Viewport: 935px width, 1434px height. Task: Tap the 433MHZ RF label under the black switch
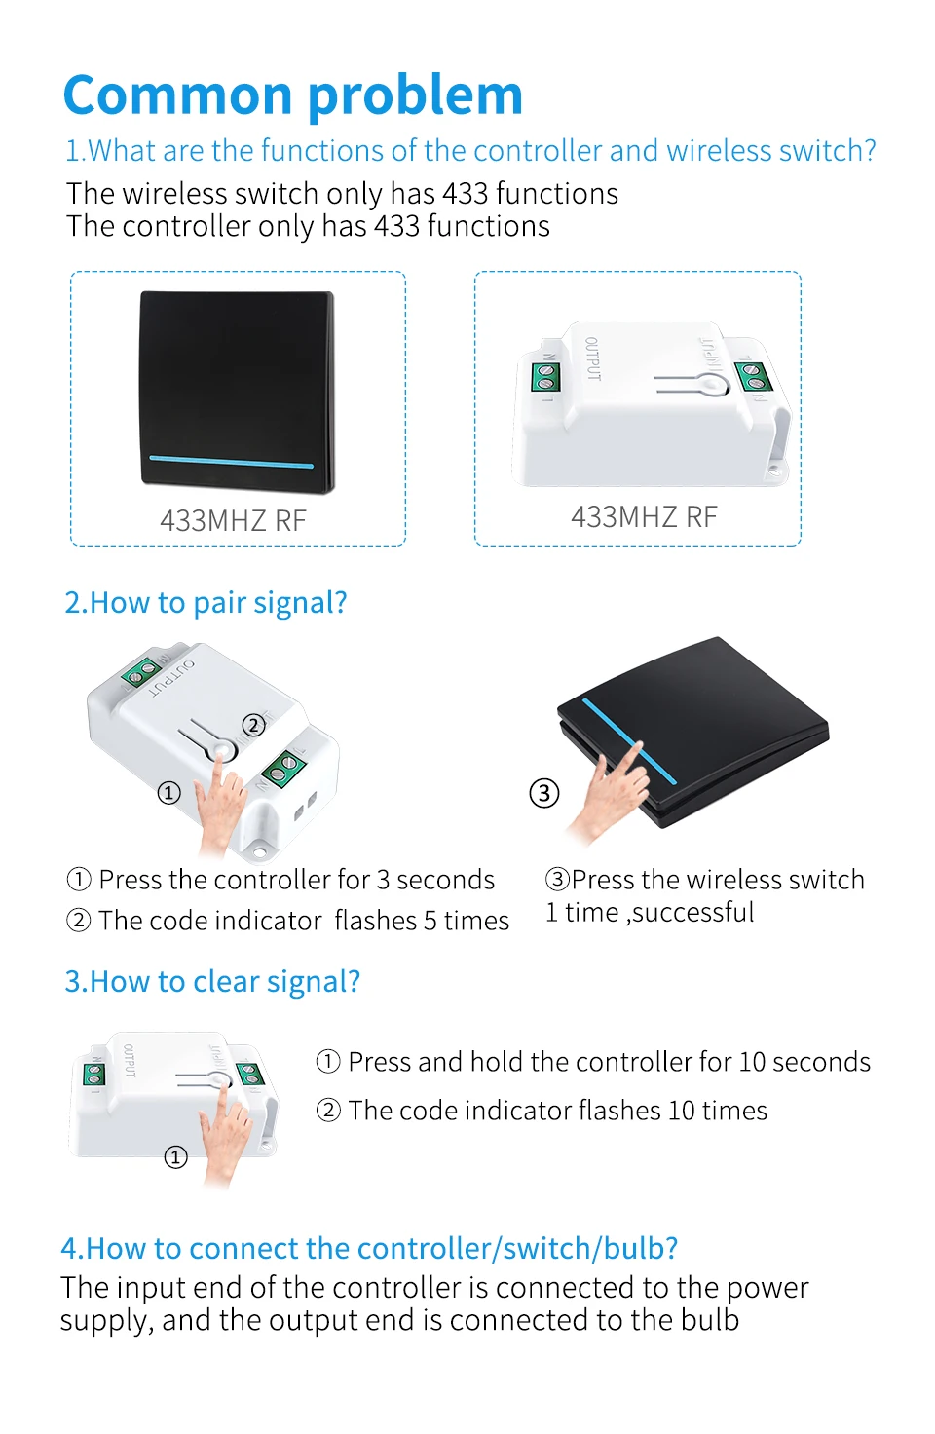[x=233, y=520]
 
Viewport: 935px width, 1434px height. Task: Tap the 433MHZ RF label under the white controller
[x=644, y=516]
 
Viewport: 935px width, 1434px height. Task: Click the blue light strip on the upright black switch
[x=231, y=462]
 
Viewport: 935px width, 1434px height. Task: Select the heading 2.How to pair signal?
[x=206, y=603]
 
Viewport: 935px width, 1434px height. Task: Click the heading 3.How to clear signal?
[x=212, y=981]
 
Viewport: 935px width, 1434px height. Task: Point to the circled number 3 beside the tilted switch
[x=544, y=793]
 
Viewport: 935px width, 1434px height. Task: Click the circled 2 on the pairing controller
[x=253, y=725]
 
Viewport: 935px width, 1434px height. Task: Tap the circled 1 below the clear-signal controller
[x=176, y=1156]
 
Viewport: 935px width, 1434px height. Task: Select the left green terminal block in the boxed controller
[x=545, y=376]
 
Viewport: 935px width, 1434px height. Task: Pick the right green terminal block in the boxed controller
[x=753, y=376]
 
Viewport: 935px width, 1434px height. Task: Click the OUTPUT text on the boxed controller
[x=592, y=358]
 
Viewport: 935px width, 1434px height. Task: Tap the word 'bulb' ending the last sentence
[x=710, y=1320]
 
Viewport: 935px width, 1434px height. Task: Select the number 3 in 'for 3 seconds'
[x=383, y=881]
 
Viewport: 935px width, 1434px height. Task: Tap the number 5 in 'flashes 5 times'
[x=430, y=921]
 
